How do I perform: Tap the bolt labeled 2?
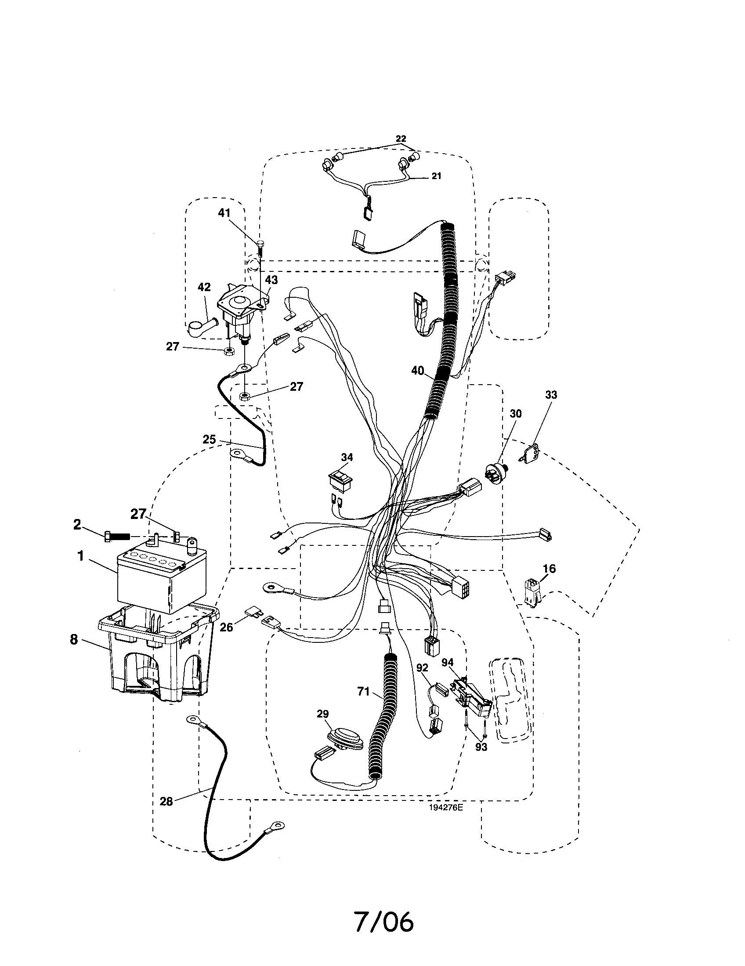pyautogui.click(x=118, y=537)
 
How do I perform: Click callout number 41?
pyautogui.click(x=224, y=213)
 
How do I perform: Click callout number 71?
pyautogui.click(x=363, y=691)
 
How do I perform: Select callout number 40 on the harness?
pyautogui.click(x=417, y=371)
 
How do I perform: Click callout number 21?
pyautogui.click(x=436, y=176)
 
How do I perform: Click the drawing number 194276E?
pyautogui.click(x=445, y=807)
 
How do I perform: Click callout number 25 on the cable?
pyautogui.click(x=209, y=440)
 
